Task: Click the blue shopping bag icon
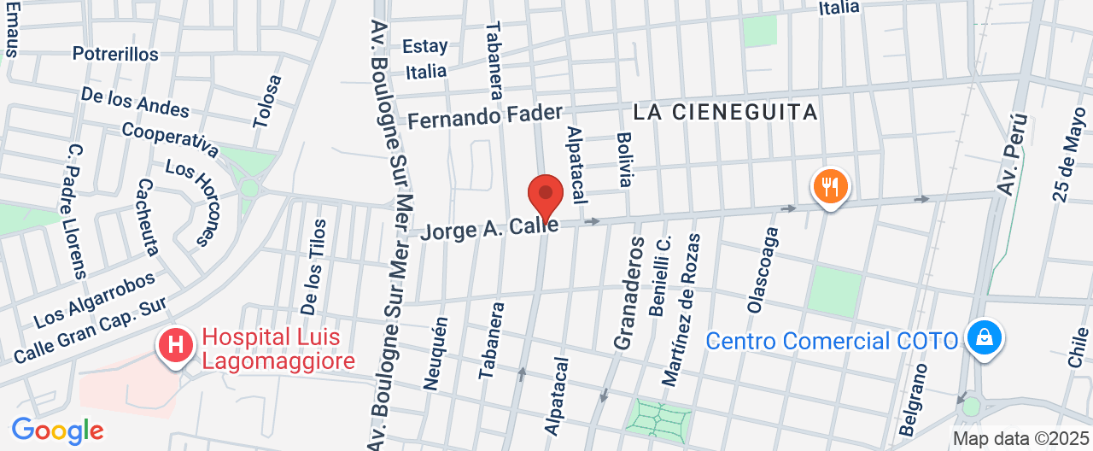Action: (985, 337)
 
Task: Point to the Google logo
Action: (57, 430)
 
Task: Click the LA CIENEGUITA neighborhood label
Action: (725, 112)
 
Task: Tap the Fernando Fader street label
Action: (485, 116)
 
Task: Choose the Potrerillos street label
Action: (115, 54)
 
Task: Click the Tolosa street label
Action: (267, 101)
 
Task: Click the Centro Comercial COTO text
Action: (832, 341)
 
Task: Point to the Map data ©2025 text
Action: (1020, 439)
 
